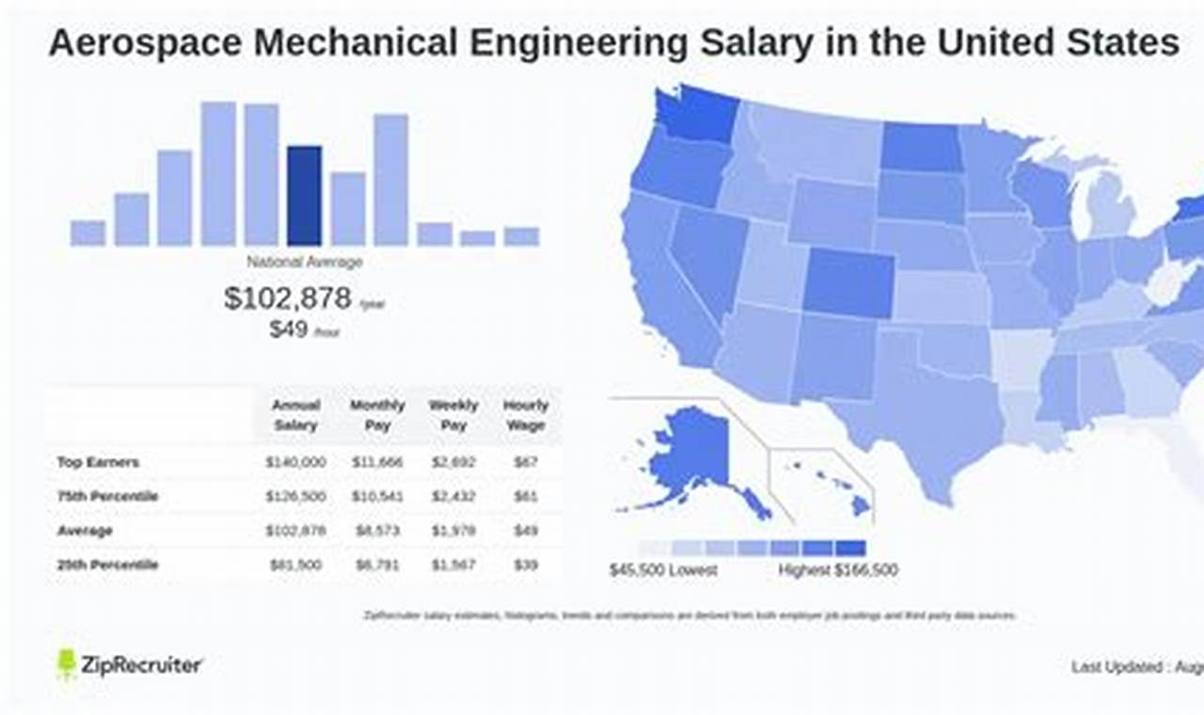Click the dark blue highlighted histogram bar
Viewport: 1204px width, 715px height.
click(x=304, y=196)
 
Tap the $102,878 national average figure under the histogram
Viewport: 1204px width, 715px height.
click(x=288, y=298)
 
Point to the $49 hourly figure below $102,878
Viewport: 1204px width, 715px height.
click(x=289, y=329)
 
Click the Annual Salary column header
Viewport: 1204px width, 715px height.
click(x=295, y=415)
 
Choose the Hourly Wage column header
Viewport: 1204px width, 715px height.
click(x=525, y=415)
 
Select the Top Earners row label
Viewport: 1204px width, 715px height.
click(x=98, y=462)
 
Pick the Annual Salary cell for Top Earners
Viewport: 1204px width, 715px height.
click(x=295, y=462)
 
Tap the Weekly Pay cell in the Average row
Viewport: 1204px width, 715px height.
click(x=453, y=531)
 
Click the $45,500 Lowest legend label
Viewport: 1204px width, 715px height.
click(x=663, y=570)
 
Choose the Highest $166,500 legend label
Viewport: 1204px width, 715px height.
click(x=837, y=570)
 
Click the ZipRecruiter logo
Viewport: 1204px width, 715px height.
click(x=130, y=665)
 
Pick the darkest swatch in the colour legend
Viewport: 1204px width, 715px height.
click(x=850, y=548)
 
